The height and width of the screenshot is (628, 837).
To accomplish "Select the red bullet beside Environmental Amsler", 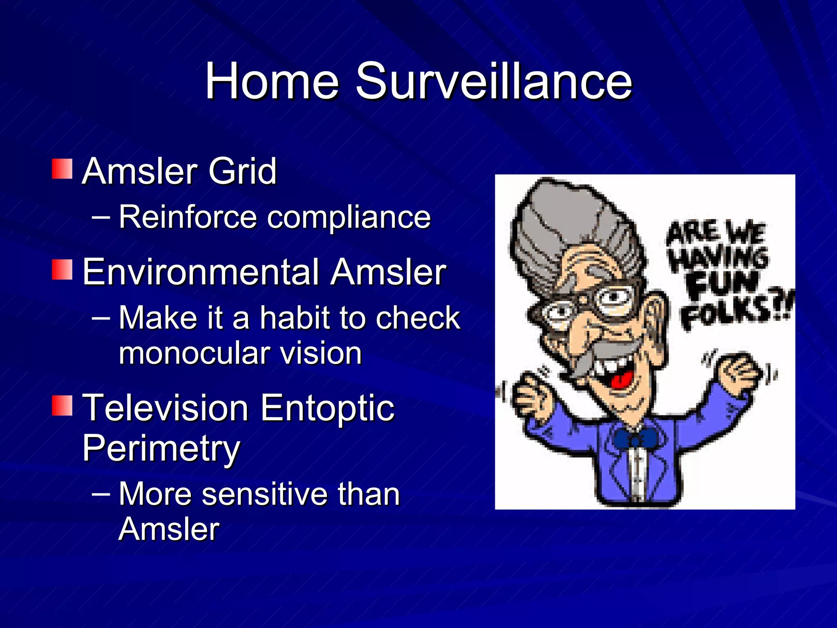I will [62, 269].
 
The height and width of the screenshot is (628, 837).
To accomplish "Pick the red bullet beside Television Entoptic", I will [62, 405].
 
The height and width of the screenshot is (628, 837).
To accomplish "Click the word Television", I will [165, 408].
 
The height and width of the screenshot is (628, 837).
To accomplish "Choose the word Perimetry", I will [161, 449].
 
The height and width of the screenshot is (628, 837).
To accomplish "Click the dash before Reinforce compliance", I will [101, 217].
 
